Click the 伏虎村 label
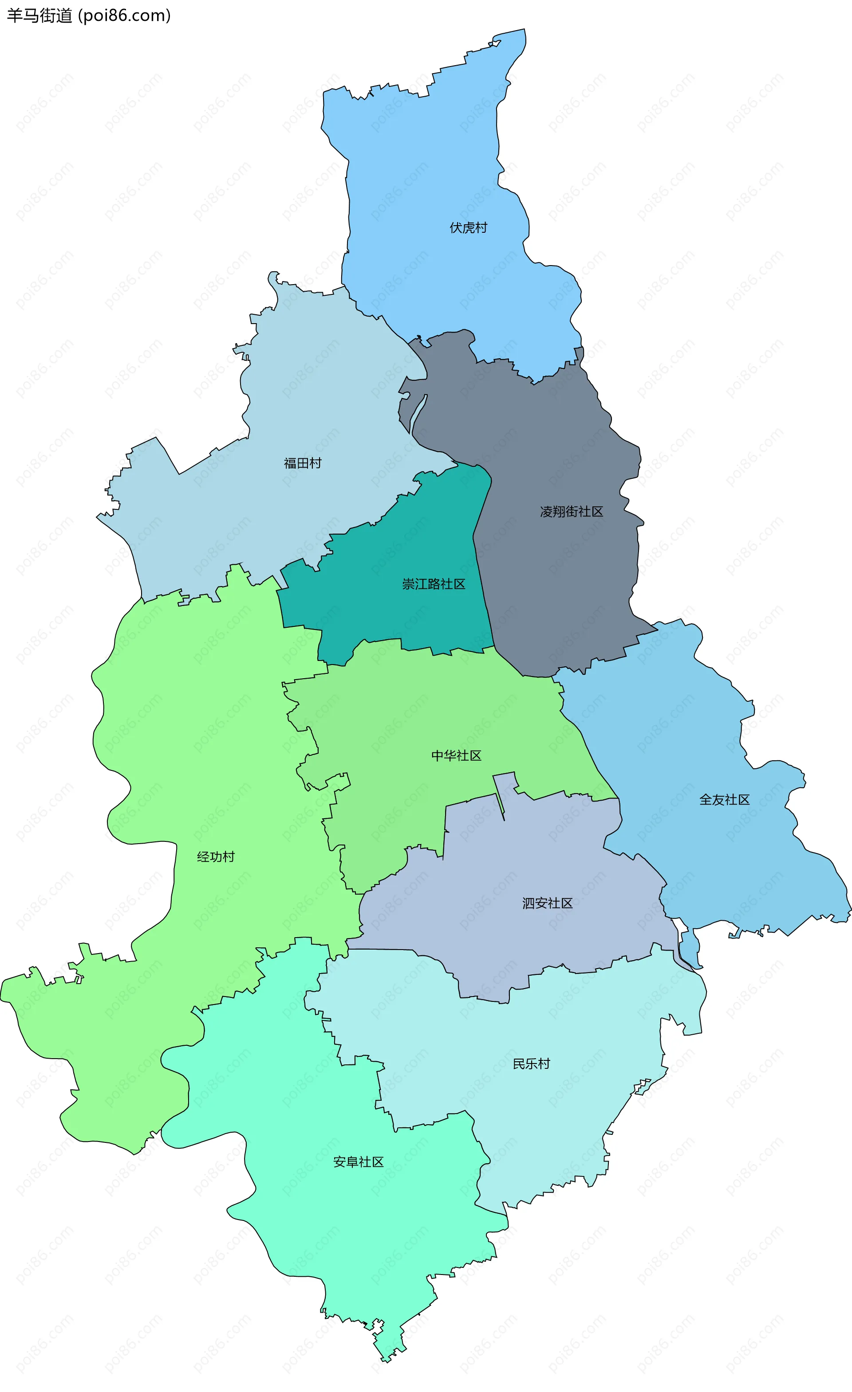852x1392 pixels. tap(468, 228)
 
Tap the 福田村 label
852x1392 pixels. tap(303, 463)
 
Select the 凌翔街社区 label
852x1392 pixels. tap(572, 512)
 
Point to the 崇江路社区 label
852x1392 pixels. tap(434, 584)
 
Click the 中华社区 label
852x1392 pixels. tap(456, 756)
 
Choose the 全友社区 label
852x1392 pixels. tap(724, 800)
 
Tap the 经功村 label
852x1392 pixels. tap(215, 857)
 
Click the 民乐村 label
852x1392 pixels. tap(531, 1064)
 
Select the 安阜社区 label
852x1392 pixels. tap(359, 1162)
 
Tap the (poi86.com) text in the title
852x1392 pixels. tap(124, 16)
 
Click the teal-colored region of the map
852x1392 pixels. tap(396, 610)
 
